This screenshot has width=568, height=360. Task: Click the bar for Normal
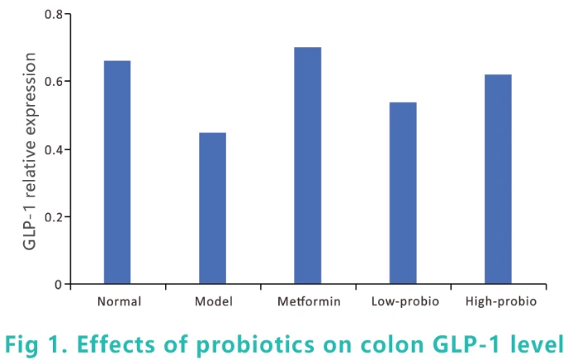click(x=117, y=173)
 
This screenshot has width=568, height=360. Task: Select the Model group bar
click(x=212, y=208)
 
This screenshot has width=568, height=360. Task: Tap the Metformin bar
click(x=307, y=165)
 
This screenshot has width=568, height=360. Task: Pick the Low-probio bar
click(x=403, y=193)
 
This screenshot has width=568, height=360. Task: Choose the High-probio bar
click(x=498, y=179)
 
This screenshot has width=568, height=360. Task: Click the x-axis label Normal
click(x=118, y=301)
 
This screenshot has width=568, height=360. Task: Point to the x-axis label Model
click(x=212, y=301)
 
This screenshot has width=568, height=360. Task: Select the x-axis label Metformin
click(x=307, y=301)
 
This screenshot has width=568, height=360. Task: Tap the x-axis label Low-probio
click(x=403, y=301)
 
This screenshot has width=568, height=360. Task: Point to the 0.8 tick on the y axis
click(x=52, y=14)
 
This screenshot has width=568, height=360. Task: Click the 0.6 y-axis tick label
click(x=52, y=82)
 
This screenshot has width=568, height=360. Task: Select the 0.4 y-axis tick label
click(x=52, y=149)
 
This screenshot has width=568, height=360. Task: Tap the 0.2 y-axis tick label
click(x=52, y=217)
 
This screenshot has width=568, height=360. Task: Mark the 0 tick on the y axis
click(x=57, y=285)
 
